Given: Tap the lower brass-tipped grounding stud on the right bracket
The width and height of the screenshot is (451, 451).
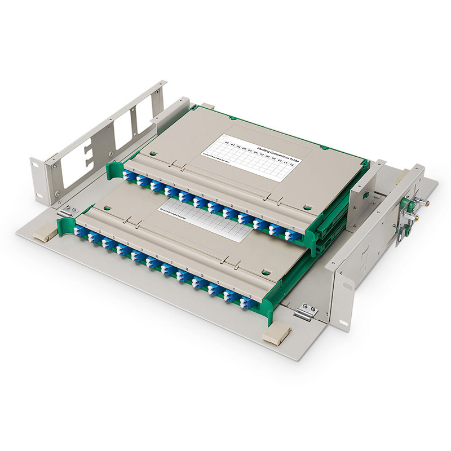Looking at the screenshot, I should [417, 216].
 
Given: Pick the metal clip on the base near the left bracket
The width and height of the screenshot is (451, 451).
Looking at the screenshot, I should [65, 211].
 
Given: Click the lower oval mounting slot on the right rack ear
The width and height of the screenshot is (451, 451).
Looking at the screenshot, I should [343, 322].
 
